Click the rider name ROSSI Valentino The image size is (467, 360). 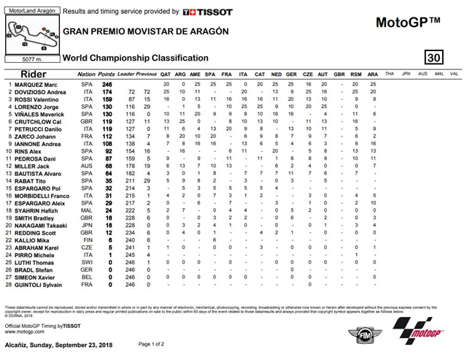click(33, 99)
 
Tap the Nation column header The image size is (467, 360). click(86, 74)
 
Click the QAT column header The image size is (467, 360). click(166, 74)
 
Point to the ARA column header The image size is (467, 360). click(374, 74)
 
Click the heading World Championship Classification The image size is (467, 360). click(136, 58)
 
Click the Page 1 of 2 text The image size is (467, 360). click(154, 344)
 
